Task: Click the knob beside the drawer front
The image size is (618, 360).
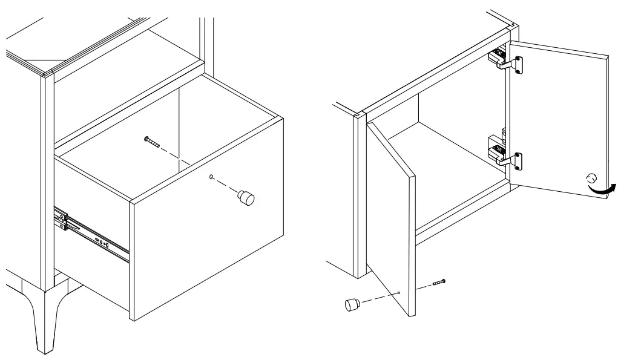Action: click(246, 197)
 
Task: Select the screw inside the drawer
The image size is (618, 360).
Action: click(151, 142)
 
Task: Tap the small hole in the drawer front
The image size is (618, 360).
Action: click(210, 178)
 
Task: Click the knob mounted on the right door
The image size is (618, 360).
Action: click(590, 178)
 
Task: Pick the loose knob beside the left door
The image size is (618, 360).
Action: click(351, 304)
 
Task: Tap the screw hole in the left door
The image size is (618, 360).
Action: click(400, 293)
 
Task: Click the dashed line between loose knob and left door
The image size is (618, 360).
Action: click(378, 298)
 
